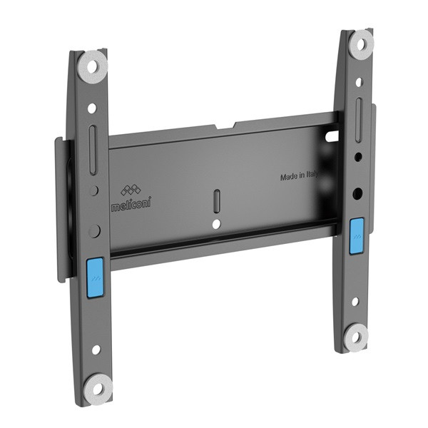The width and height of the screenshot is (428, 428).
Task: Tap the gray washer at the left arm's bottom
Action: pyautogui.click(x=98, y=387)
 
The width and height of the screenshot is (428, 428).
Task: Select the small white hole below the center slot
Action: pyautogui.click(x=217, y=224)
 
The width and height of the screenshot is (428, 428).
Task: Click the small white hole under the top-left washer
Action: pyautogui.click(x=92, y=108)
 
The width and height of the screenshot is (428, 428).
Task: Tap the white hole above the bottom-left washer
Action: pyautogui.click(x=96, y=350)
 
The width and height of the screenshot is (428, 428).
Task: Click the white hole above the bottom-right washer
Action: pyautogui.click(x=355, y=302)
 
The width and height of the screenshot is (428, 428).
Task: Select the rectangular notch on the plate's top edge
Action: pyautogui.click(x=228, y=128)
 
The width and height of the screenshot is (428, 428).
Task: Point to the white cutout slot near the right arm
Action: pyautogui.click(x=330, y=133)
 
